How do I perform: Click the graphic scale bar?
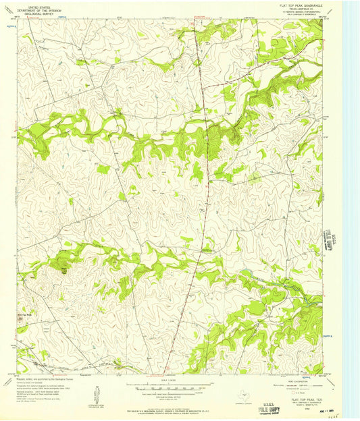coord(178,388)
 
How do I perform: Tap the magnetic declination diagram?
coord(98,392)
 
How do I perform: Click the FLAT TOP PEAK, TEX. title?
coord(301,399)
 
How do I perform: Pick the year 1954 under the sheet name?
coord(301,407)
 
